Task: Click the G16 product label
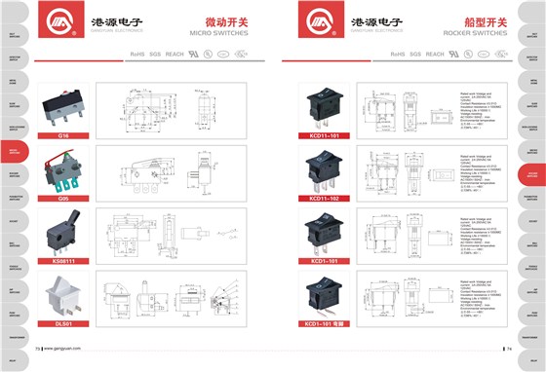[x=61, y=136]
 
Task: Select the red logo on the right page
[x=316, y=24]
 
